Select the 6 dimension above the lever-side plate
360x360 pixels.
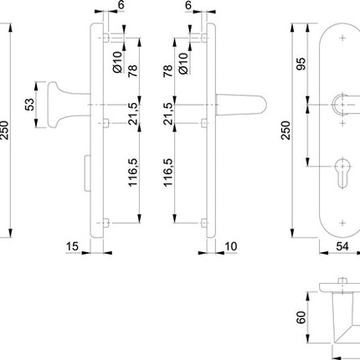(x=187, y=6)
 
